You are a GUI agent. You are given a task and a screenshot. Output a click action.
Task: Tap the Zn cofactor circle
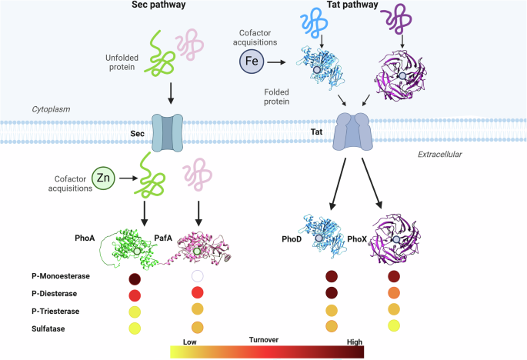point(104,178)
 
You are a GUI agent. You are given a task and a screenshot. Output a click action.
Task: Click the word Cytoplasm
point(51,109)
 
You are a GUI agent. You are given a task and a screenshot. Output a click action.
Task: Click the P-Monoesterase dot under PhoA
point(135,279)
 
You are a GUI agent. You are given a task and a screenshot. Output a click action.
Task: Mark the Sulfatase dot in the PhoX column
point(395,325)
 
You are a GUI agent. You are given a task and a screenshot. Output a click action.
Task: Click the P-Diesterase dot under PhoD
point(333,292)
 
